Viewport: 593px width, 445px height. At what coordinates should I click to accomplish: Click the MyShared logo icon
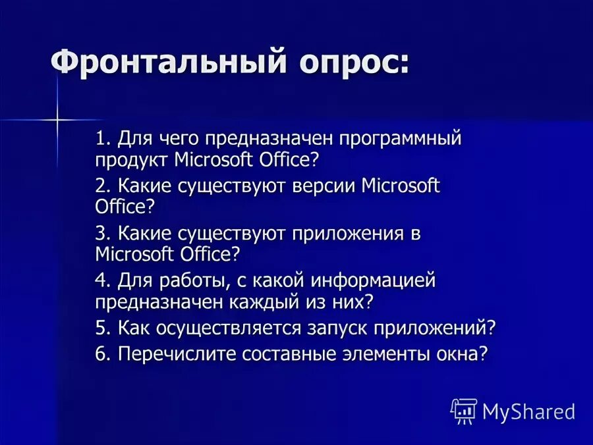[x=464, y=411]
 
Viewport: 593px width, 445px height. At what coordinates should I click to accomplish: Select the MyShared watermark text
[x=528, y=412]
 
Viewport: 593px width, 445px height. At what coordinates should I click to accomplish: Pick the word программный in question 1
[x=401, y=140]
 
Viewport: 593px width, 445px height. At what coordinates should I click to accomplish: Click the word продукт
[x=132, y=159]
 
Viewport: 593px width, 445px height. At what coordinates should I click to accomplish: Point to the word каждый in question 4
[x=252, y=301]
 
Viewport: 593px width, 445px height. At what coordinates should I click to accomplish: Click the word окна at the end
[x=463, y=354]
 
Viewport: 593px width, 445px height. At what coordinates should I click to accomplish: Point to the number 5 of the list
[x=100, y=328]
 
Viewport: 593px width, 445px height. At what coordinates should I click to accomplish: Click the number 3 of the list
[x=100, y=234]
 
